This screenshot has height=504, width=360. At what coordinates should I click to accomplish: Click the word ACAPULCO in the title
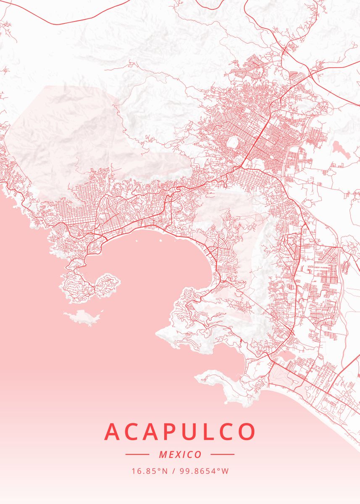[x=180, y=431]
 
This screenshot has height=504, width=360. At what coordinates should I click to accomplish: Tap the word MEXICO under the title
[x=180, y=454]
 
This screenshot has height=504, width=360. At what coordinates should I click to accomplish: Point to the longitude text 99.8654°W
[x=204, y=471]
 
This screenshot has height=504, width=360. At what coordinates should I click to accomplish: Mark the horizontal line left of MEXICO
[x=137, y=454]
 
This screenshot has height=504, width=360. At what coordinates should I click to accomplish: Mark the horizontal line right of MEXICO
[x=222, y=454]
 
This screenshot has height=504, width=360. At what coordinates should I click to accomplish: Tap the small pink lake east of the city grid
[x=341, y=149]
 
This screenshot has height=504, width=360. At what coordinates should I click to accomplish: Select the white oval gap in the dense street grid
[x=232, y=143]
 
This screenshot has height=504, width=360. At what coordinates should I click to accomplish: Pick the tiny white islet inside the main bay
[x=136, y=241]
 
